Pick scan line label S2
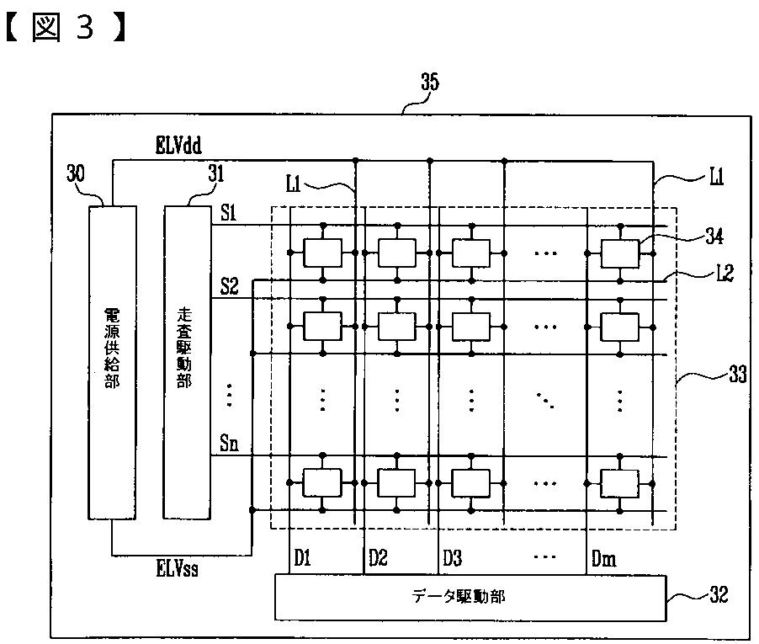pyautogui.click(x=229, y=285)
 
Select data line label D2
pyautogui.click(x=378, y=556)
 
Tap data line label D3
pyautogui.click(x=453, y=556)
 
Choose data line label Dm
pyautogui.click(x=602, y=556)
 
